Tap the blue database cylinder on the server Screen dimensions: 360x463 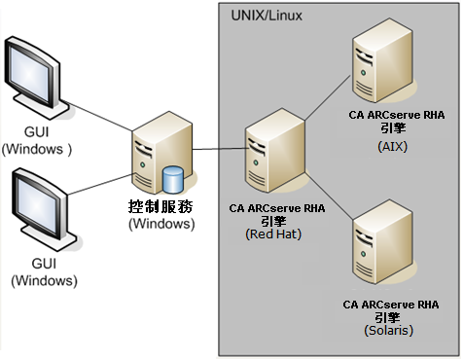(173, 179)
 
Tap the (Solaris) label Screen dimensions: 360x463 (391, 331)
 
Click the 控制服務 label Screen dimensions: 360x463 (162, 207)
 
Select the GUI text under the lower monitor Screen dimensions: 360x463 (44, 265)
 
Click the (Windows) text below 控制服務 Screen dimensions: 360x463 (162, 224)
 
